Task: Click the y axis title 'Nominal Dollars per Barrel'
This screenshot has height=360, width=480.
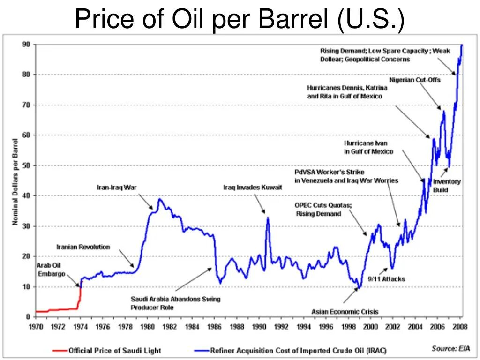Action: (15, 181)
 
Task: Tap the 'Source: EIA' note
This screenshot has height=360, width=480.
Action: (450, 348)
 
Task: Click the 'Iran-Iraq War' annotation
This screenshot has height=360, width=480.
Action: (117, 187)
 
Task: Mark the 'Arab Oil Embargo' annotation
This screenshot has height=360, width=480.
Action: (51, 270)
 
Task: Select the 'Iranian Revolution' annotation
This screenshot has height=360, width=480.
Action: (83, 247)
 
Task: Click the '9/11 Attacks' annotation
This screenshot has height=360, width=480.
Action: (386, 279)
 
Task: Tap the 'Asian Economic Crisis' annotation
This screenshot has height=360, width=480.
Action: (345, 311)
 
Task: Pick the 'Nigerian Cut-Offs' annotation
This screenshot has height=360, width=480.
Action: (415, 80)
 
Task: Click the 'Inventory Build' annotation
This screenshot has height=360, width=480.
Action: (447, 186)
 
